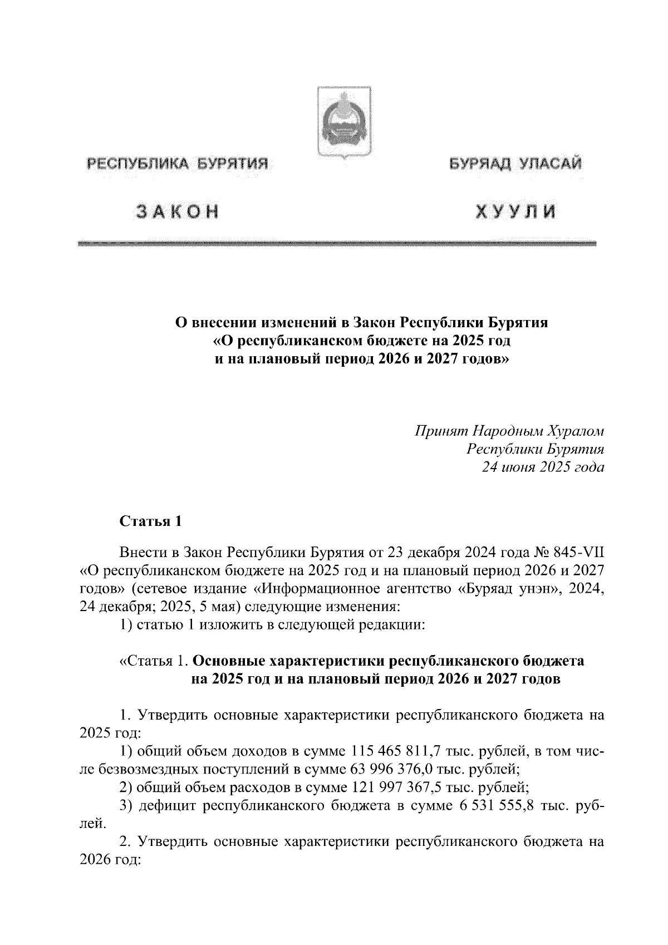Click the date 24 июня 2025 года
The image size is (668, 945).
tap(543, 467)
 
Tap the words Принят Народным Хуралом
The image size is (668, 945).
tap(509, 431)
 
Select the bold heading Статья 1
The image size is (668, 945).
tap(150, 521)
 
